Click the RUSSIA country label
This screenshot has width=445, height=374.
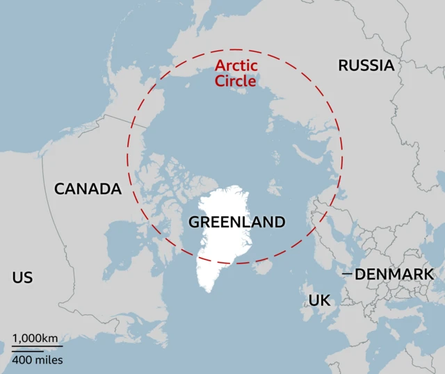(x=366, y=65)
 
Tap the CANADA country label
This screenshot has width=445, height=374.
(x=88, y=188)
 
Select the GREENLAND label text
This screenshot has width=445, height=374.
(x=237, y=222)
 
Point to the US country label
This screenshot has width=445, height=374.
(x=22, y=278)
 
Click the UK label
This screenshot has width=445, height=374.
(x=319, y=300)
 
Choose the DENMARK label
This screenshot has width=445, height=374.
(x=394, y=274)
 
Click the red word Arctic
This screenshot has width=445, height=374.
(x=236, y=66)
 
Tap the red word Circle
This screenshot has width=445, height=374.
(x=235, y=81)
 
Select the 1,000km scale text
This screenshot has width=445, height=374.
(x=35, y=338)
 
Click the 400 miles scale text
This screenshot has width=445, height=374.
(x=37, y=359)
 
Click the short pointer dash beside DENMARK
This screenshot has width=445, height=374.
(x=347, y=274)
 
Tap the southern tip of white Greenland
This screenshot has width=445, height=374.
(x=207, y=289)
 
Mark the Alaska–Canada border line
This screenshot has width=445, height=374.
(x=125, y=121)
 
